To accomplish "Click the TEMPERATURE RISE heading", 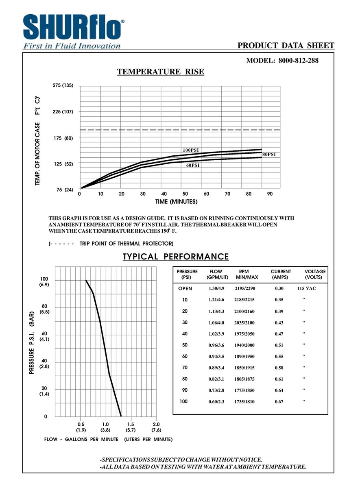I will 161,72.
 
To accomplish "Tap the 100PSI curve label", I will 190,150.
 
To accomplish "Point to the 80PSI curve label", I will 269,155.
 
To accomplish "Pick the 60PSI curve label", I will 193,165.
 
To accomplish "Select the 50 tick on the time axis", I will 185,194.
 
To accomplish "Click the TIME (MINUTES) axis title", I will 176,202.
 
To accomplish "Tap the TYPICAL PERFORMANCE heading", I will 176,257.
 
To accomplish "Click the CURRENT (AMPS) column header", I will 281,274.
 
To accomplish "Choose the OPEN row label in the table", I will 185,288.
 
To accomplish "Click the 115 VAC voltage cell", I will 306,288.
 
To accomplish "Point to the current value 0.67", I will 279,402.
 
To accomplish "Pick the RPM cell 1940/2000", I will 247,345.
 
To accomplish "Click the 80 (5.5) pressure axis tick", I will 44,309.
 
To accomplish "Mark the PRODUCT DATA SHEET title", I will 286,46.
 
